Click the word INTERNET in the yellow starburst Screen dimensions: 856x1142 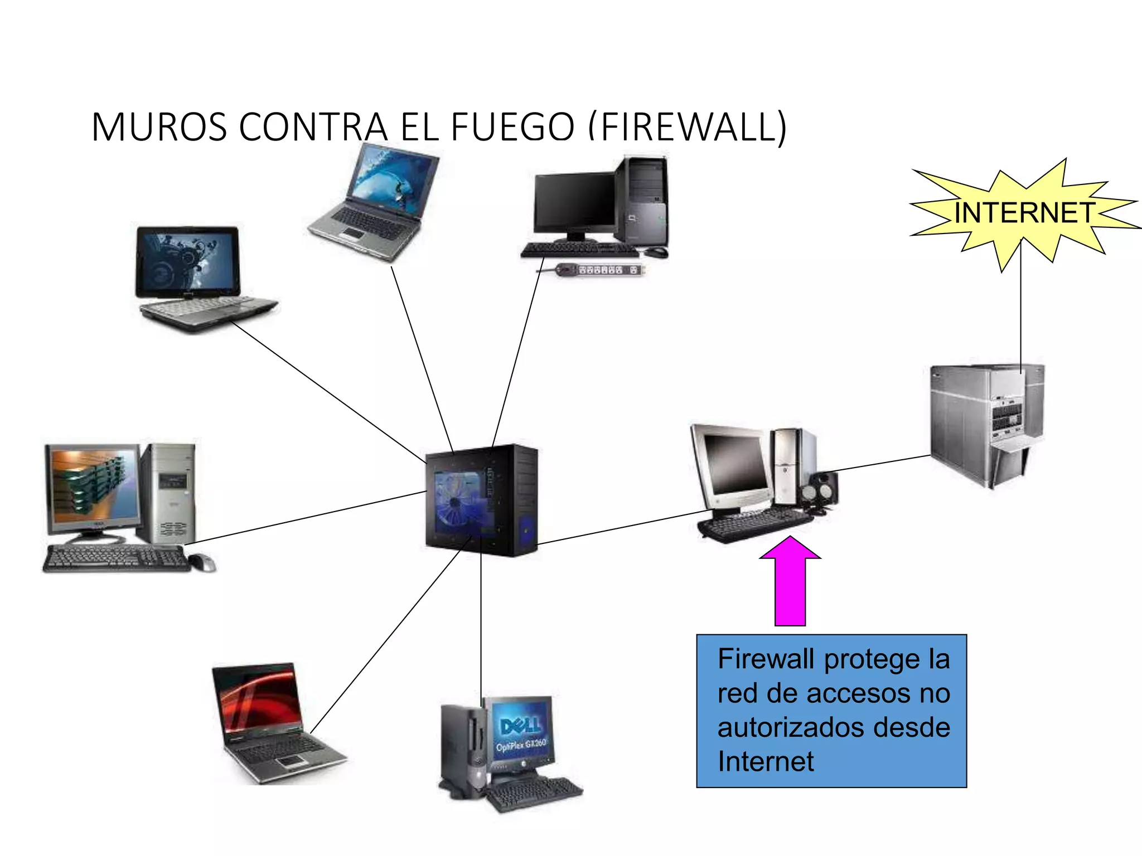coord(1024,213)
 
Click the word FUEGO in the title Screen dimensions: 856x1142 coord(512,127)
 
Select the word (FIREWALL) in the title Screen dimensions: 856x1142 coord(687,127)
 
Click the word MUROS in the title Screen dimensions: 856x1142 coord(159,127)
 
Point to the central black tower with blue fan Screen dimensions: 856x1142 coord(482,500)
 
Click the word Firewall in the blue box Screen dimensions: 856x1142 coord(767,659)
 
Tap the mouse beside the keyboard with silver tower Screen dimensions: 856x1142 coord(202,563)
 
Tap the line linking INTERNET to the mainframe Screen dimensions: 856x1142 coord(1021,312)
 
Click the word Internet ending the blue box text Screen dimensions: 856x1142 coord(766,762)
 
